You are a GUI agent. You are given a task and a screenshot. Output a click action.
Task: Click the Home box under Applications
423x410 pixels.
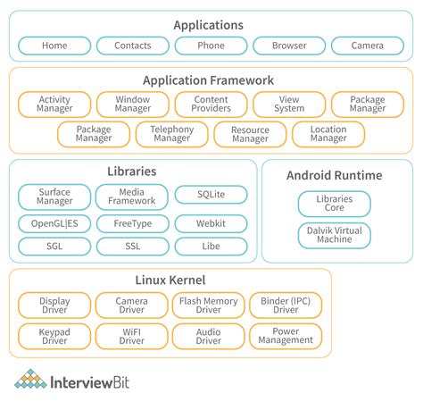[x=54, y=46]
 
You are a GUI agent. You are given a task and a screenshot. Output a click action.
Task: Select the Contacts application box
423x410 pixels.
[x=132, y=46]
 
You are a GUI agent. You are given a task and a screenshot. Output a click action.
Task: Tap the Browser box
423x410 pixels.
[x=288, y=46]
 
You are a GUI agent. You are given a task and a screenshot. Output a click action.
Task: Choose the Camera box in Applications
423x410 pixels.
[x=367, y=46]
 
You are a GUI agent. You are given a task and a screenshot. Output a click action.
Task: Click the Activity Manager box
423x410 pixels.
[x=54, y=104]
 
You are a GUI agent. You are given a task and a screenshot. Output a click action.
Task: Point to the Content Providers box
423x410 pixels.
[x=211, y=104]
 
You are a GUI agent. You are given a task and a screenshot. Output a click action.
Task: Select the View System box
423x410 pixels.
[x=288, y=104]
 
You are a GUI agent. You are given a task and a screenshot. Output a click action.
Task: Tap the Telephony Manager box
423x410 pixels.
[x=171, y=134]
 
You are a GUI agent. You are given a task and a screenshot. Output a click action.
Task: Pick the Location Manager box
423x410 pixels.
[x=328, y=134]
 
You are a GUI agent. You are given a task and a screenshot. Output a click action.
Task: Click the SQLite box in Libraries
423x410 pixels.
[x=211, y=194]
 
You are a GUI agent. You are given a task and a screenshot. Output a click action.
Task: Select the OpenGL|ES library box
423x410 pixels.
[x=54, y=223]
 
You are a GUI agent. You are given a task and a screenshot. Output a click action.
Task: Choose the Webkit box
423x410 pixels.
[x=211, y=223]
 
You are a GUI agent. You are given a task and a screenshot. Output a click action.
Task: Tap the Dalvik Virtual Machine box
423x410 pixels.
[x=333, y=236]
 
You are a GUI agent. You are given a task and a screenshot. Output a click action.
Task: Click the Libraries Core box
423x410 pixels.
[x=333, y=203]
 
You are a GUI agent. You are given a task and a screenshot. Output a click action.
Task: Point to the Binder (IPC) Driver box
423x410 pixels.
[x=286, y=306]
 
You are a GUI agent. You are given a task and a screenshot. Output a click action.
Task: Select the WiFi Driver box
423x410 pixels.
[x=132, y=336]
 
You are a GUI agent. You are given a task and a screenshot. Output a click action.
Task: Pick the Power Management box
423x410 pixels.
[x=286, y=336]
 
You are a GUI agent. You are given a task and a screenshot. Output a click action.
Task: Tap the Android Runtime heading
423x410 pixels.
[x=334, y=175]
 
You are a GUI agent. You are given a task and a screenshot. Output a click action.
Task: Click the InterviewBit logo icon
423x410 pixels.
[x=30, y=381]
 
